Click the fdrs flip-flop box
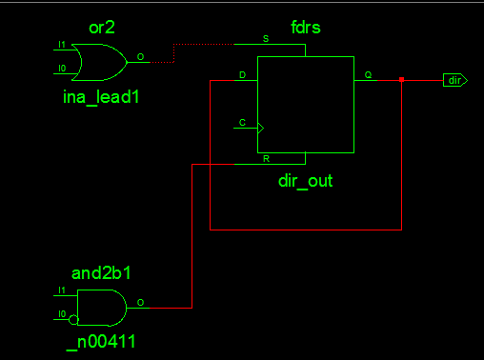[x=305, y=104]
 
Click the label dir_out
[x=305, y=179]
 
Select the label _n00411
[x=100, y=340]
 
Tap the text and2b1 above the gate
[x=101, y=272]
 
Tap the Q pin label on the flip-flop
[x=368, y=74]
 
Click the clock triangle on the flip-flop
[x=261, y=126]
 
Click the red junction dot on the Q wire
[x=401, y=80]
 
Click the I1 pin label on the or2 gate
[x=61, y=45]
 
